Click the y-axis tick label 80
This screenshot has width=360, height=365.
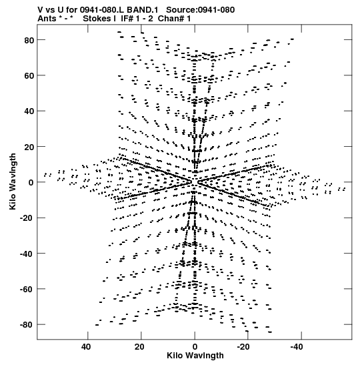coord(29,40)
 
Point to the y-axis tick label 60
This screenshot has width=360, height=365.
coord(29,76)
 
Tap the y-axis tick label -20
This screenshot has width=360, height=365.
coord(27,218)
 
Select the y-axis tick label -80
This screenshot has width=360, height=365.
coord(27,325)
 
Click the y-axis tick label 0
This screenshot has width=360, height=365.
coord(31,183)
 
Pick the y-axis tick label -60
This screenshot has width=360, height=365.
coord(27,290)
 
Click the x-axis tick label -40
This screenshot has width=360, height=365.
coord(297,347)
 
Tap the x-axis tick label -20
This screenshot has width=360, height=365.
coord(243,347)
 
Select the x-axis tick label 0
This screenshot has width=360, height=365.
coord(195,347)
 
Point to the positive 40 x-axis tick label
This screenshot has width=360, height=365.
coord(86,347)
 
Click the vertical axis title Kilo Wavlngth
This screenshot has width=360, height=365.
coord(13,181)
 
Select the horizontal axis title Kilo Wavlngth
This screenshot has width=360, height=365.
coord(195,356)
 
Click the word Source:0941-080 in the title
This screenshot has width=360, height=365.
coord(200,10)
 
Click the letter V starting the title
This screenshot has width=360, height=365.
coord(40,10)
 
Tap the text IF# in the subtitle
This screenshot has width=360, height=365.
coord(127,19)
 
